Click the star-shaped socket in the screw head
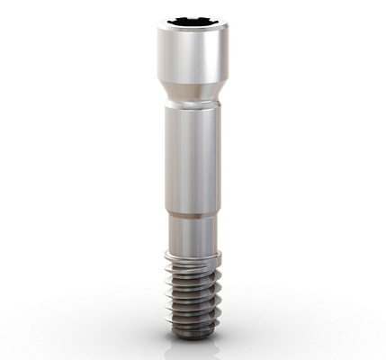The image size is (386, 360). point(192,20)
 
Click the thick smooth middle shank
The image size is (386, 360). point(192,157)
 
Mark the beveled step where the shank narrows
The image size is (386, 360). point(192,214)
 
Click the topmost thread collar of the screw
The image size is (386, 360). point(192,258)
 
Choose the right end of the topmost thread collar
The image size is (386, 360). point(220,256)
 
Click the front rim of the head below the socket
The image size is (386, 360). point(192,31)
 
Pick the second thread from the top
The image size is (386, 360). point(192,273)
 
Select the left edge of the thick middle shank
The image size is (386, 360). point(166,157)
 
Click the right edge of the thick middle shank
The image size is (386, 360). point(219,157)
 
